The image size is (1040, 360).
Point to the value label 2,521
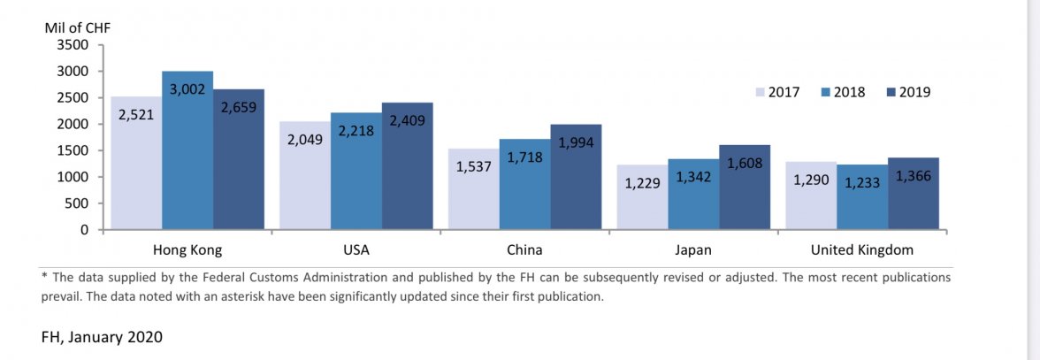[136, 114]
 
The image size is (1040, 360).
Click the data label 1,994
[576, 142]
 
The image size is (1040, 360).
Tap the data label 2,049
[305, 140]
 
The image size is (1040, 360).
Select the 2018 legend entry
[848, 92]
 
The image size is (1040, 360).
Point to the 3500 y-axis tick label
[72, 44]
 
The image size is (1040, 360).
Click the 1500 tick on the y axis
[72, 150]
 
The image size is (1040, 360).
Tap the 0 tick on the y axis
[84, 230]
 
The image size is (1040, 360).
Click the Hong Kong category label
[187, 249]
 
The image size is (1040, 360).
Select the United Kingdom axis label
[862, 249]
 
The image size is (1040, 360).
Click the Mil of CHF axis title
[78, 27]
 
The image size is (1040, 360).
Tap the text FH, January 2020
[102, 337]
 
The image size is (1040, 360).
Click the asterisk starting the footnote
[44, 276]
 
